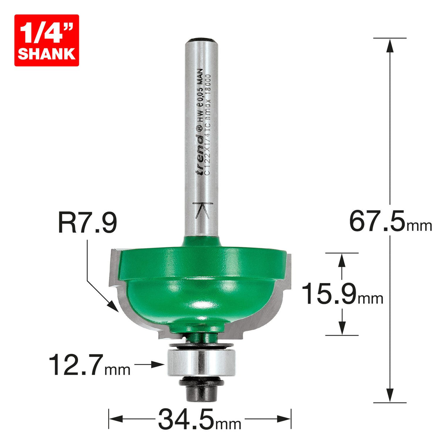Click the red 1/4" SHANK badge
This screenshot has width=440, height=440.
click(x=46, y=40)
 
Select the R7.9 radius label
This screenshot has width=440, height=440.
click(x=87, y=224)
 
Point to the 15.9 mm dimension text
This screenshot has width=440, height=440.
click(x=342, y=294)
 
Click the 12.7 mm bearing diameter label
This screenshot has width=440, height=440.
click(x=90, y=365)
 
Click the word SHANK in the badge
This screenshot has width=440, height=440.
click(x=46, y=54)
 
